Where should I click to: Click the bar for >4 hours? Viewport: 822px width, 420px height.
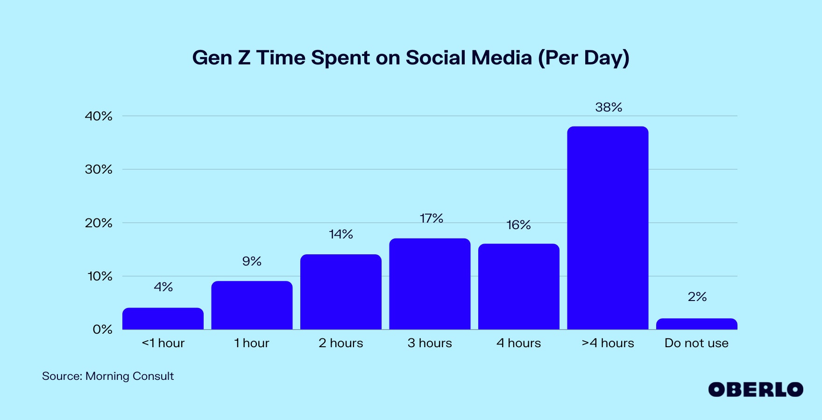[608, 228]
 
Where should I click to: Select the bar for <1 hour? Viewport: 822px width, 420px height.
[163, 319]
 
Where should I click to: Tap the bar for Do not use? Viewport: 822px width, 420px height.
[697, 324]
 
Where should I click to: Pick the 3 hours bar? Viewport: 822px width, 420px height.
[430, 284]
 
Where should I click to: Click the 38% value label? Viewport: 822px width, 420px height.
[609, 107]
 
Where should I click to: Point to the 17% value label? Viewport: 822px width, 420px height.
[431, 218]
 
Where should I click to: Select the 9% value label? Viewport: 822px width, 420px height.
[252, 261]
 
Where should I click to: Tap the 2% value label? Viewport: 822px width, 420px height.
[697, 297]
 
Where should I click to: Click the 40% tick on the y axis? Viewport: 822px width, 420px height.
[99, 116]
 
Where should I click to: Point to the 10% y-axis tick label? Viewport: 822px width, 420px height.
[100, 276]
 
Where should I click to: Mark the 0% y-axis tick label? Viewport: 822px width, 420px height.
[102, 329]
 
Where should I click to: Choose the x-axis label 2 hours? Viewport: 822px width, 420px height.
[341, 343]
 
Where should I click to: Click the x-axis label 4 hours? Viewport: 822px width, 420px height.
[518, 343]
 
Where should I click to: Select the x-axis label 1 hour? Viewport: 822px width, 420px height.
[252, 343]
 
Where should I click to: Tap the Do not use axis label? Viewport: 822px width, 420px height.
[696, 343]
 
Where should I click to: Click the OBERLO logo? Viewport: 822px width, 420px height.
[756, 390]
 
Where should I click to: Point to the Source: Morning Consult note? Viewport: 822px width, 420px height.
[108, 376]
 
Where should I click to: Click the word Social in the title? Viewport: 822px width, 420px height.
[436, 58]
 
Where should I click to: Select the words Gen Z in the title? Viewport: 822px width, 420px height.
[221, 58]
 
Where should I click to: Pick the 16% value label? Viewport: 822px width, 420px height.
[518, 225]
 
